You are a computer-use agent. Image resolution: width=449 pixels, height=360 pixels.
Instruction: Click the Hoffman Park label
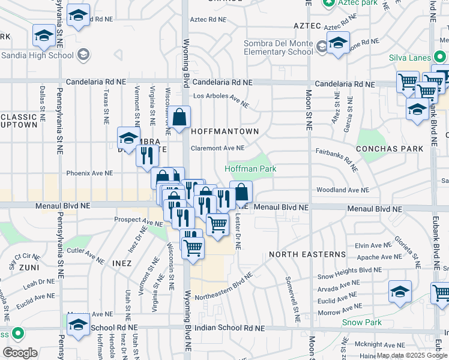click(x=250, y=169)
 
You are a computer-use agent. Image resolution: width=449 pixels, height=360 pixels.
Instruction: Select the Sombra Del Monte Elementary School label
click(x=279, y=48)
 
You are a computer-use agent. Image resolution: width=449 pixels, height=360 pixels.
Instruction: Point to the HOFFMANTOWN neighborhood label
click(x=224, y=131)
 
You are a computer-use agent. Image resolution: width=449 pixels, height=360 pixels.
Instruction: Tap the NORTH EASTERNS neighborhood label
click(x=307, y=254)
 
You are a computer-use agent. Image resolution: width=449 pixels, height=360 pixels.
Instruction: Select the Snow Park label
click(x=362, y=322)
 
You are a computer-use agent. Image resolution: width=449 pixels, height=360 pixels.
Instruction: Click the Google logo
click(x=20, y=352)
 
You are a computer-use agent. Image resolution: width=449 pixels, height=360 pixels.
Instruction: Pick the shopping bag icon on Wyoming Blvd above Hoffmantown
click(x=179, y=118)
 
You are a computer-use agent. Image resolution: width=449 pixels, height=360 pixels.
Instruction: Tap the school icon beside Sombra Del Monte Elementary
click(x=338, y=44)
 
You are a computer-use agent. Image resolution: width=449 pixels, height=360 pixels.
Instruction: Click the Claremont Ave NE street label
click(x=217, y=148)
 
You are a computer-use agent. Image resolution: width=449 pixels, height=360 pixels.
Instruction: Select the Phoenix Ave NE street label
click(x=89, y=173)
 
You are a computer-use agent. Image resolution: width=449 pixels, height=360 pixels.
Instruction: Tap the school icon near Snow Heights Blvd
click(x=400, y=292)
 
